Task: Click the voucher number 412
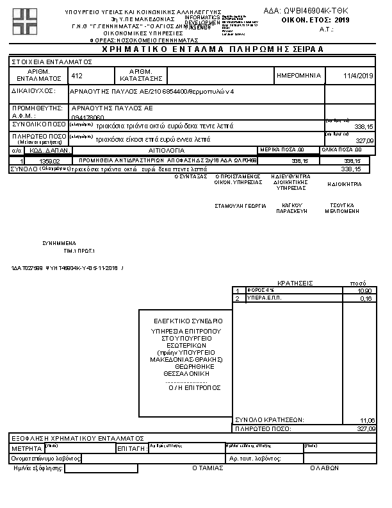[x=78, y=76]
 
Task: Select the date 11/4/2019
[x=358, y=76]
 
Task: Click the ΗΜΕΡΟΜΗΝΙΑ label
[x=298, y=76]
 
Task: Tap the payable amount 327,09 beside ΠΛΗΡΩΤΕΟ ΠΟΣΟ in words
[x=363, y=140]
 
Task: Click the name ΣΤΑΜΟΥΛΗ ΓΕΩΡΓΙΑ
[x=240, y=207]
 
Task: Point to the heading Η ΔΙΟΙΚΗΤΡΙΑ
[x=344, y=184]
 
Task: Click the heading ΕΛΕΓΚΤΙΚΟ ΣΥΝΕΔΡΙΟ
[x=188, y=320]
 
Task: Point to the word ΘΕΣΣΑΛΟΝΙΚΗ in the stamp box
[x=186, y=372]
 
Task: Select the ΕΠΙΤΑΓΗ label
[x=131, y=448]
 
